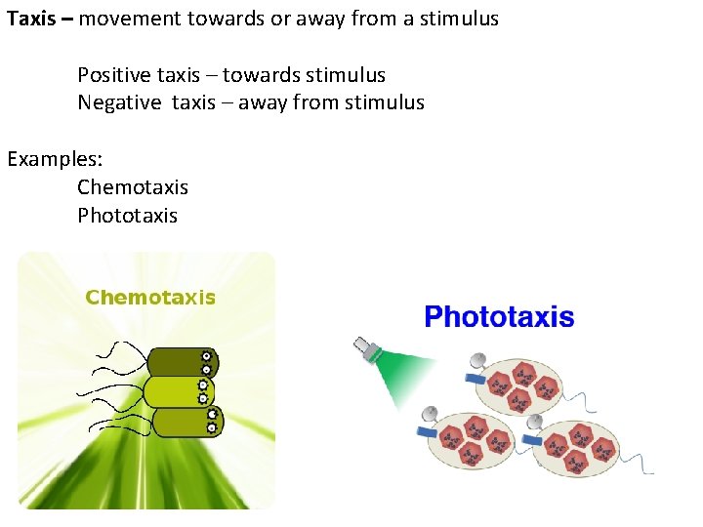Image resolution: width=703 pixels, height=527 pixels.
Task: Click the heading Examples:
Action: click(56, 158)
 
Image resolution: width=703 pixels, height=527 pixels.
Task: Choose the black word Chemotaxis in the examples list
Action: click(133, 186)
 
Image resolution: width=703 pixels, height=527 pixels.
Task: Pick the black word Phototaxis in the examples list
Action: click(128, 215)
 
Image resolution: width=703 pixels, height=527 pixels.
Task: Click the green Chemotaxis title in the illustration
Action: click(150, 298)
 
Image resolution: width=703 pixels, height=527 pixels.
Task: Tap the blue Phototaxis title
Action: click(498, 317)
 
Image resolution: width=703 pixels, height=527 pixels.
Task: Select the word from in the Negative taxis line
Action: click(317, 102)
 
